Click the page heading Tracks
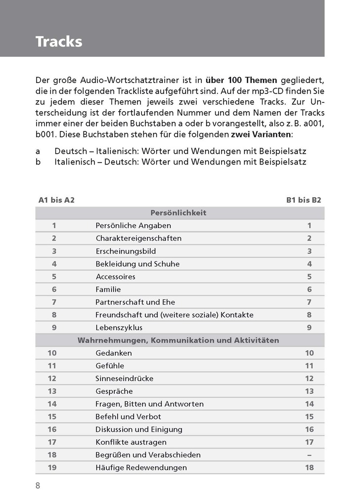[58, 42]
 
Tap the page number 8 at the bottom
[38, 485]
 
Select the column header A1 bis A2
[56, 200]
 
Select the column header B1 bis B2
[304, 200]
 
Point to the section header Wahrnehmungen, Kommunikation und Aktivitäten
[178, 340]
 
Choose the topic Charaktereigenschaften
[138, 238]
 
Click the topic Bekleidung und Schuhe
[137, 264]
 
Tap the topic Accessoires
[115, 277]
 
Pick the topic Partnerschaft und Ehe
[135, 302]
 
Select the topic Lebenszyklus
[118, 328]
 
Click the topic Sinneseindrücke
[124, 378]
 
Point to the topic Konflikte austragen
[131, 442]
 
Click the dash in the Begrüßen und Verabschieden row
[310, 455]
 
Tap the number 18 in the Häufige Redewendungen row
[310, 467]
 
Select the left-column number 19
[52, 467]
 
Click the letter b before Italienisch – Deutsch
[38, 162]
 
